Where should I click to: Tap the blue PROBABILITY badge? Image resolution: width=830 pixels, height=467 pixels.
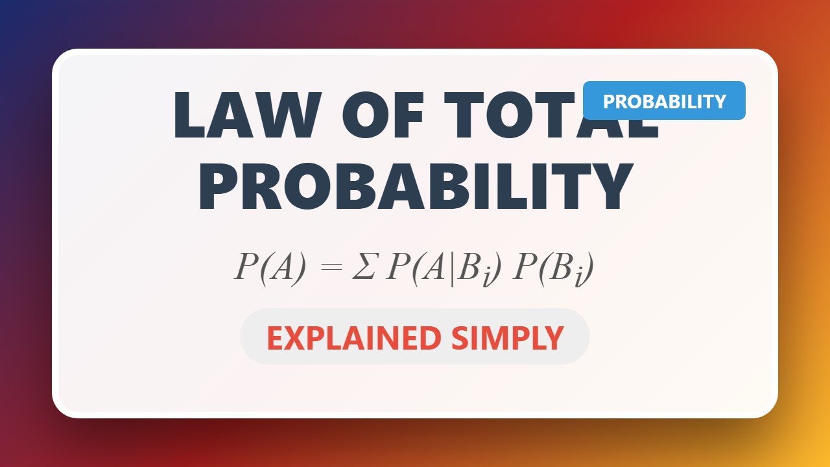[x=664, y=101]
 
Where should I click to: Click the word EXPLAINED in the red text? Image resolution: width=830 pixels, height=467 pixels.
[x=352, y=338]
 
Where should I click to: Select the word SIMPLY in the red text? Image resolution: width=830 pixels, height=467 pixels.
[x=506, y=338]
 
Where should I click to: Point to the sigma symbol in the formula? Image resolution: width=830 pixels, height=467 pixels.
[x=364, y=267]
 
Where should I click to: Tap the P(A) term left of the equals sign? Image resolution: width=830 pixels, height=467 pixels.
[x=269, y=267]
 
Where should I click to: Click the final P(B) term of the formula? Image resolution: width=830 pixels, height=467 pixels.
[x=552, y=267]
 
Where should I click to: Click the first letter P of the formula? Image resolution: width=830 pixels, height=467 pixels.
[x=245, y=267]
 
